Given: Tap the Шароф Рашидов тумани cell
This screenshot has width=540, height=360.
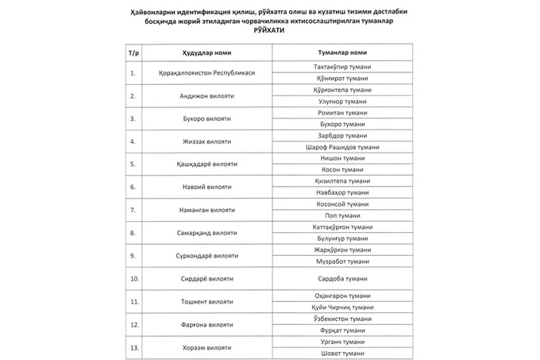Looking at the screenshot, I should (339, 148).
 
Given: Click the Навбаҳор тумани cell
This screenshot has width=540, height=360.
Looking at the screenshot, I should (339, 193).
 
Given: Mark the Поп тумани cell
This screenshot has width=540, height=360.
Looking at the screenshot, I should (339, 216).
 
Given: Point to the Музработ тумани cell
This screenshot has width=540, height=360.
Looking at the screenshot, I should (339, 261).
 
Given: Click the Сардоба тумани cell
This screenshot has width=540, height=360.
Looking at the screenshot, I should (339, 279).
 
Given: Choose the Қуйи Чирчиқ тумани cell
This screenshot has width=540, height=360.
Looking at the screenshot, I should (339, 308).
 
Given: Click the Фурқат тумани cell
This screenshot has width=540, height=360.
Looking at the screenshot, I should (339, 331).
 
